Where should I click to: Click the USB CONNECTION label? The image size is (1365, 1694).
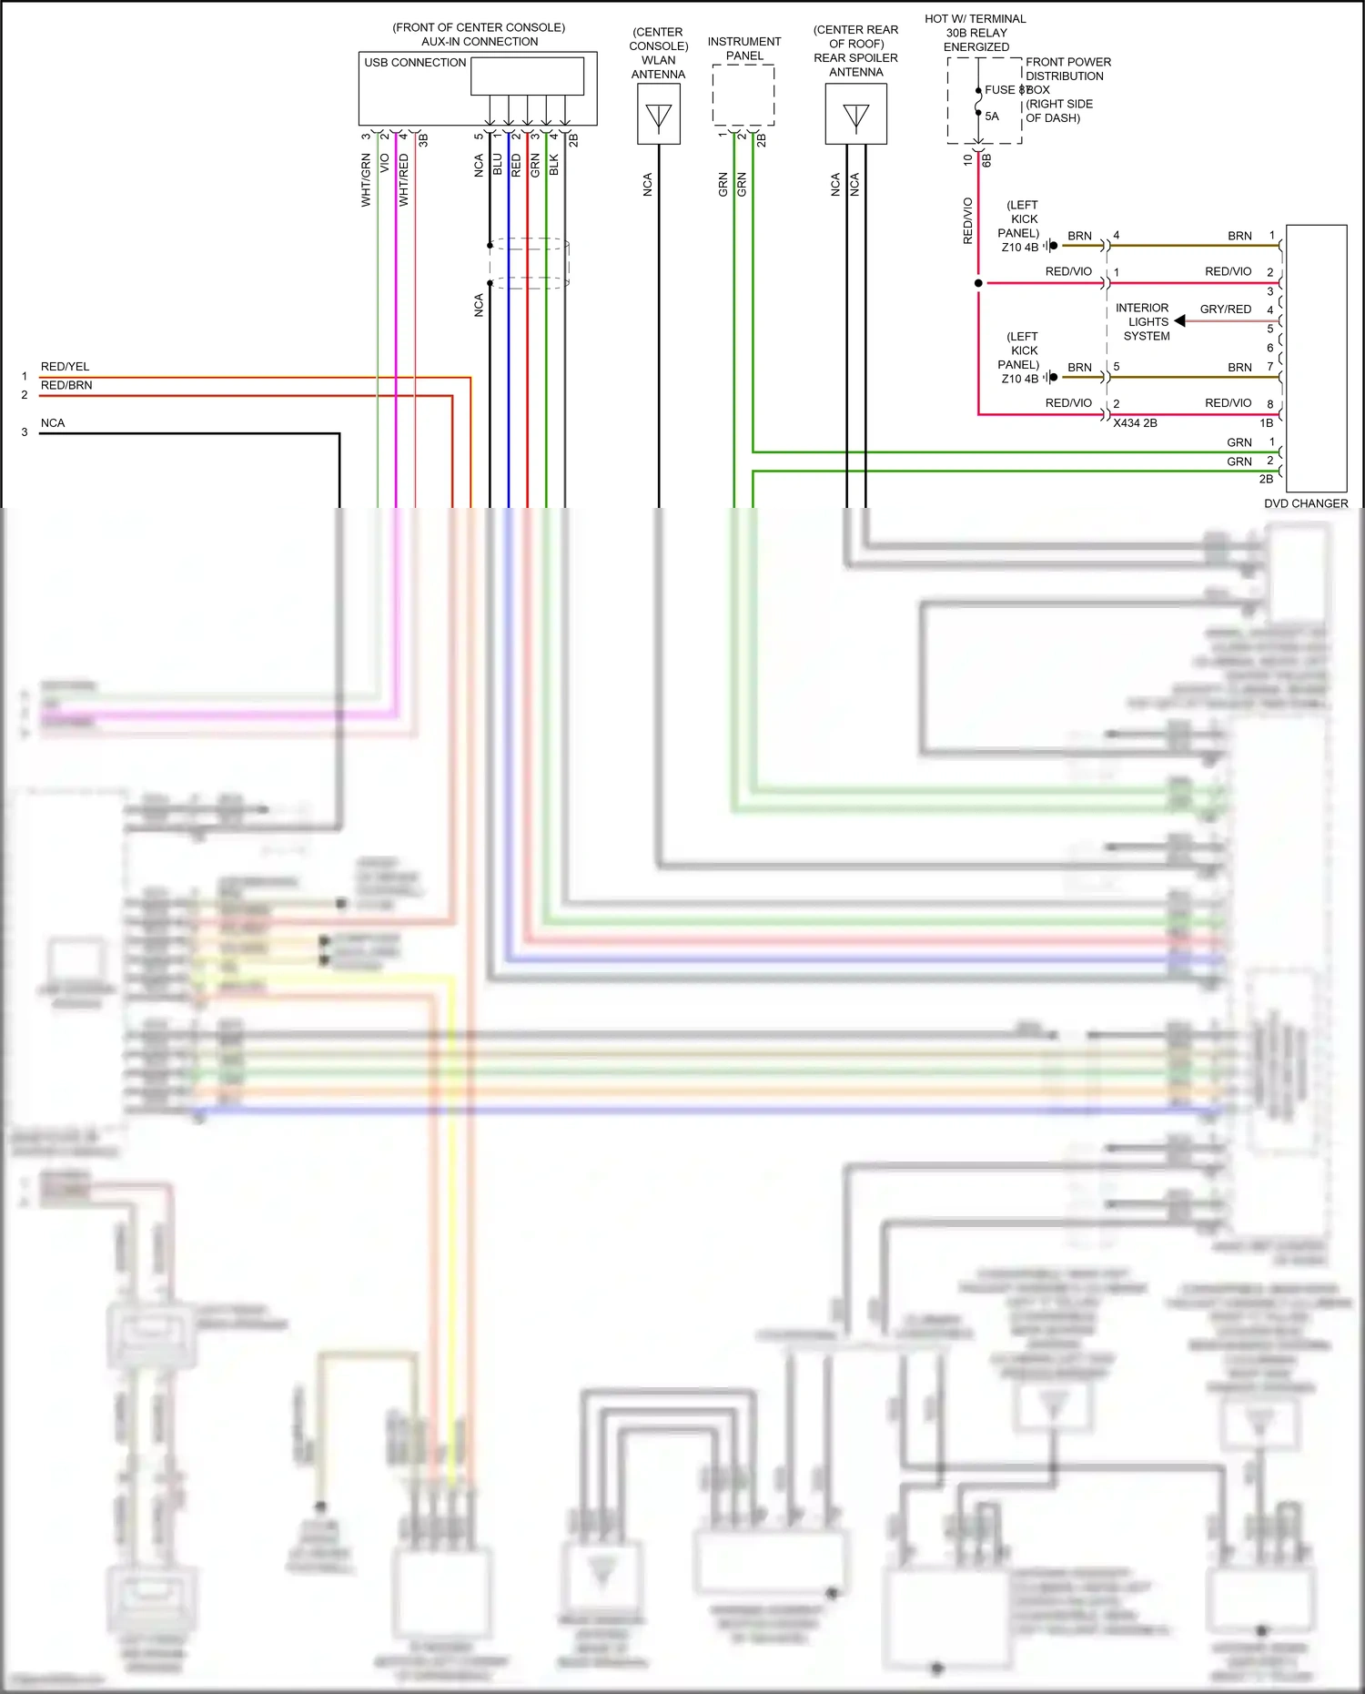pos(415,63)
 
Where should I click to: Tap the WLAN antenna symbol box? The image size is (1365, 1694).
pos(658,115)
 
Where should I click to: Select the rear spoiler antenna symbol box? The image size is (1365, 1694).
pos(855,115)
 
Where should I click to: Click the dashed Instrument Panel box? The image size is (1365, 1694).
pos(743,95)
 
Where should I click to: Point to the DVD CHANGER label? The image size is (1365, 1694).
pos(1305,503)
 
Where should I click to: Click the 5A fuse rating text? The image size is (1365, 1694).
pos(992,117)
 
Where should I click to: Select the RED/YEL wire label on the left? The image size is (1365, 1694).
pos(65,367)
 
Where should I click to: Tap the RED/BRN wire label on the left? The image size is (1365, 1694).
pos(66,385)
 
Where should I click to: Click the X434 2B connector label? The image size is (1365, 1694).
pos(1135,423)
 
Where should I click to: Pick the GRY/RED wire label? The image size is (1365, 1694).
pos(1225,309)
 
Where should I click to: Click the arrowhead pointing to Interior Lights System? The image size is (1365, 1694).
pos(1179,321)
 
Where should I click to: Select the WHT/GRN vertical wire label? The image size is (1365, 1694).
pos(366,179)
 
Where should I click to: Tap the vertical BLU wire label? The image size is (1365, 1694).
pos(497,165)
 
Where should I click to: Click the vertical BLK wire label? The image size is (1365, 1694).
pos(553,165)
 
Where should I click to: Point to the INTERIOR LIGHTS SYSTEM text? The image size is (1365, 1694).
pos(1144,322)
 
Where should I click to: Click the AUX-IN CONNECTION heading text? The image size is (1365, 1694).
pos(479,42)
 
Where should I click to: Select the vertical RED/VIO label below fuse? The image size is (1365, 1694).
pos(967,220)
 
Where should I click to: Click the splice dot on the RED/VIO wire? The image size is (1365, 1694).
pos(978,283)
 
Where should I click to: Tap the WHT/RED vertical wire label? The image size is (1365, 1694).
pos(403,179)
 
